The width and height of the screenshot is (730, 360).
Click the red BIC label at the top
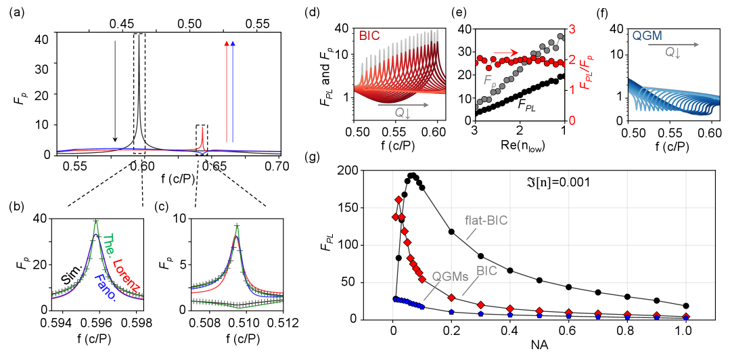point(369,35)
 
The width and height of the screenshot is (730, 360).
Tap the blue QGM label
point(647,36)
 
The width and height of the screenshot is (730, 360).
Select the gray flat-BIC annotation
point(486,220)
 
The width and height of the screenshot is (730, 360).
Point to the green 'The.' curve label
point(110,246)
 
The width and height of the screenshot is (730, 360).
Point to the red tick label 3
point(572,30)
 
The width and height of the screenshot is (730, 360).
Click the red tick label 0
point(572,120)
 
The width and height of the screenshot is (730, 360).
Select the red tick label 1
point(572,90)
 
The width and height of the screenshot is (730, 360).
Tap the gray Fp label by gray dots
point(489,81)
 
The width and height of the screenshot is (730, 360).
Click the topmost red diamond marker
point(398,200)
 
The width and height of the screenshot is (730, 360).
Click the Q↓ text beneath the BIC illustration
point(404,113)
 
